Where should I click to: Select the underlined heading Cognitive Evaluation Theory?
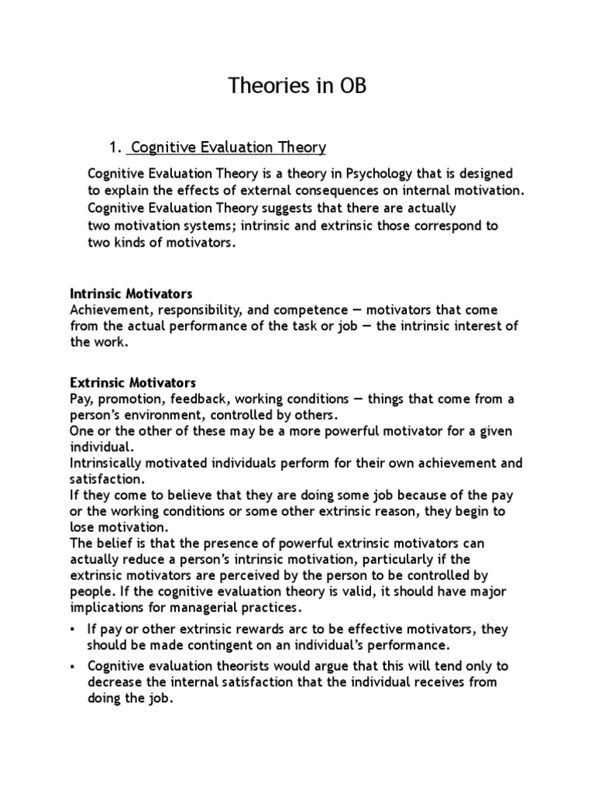point(229,147)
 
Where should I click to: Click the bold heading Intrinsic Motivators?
point(131,294)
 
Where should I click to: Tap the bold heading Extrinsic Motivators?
point(133,383)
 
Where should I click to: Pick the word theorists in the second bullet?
point(233,667)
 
